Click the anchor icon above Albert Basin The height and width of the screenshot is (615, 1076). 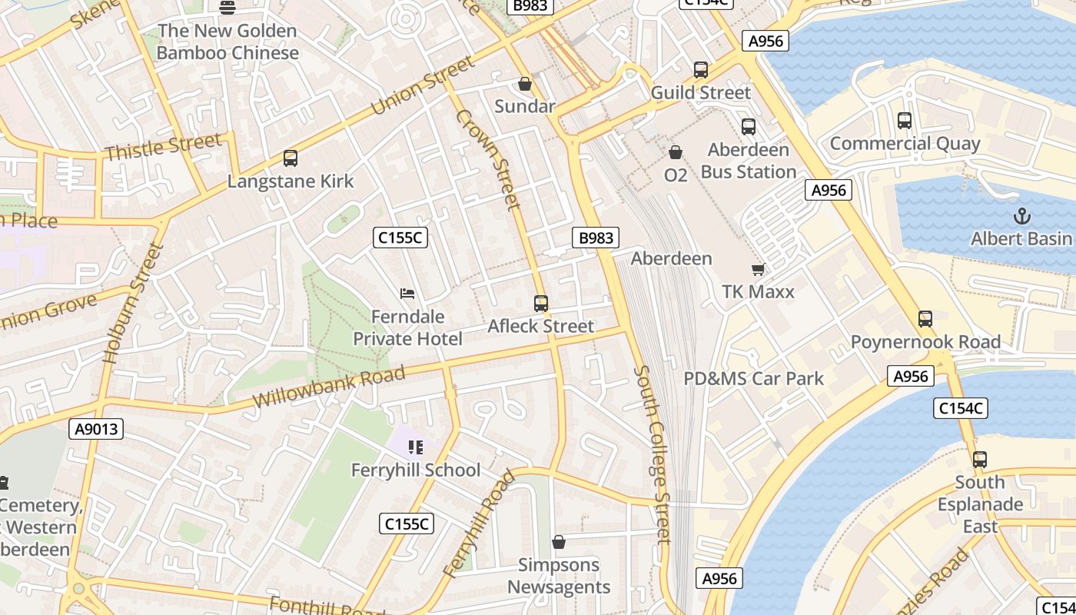coord(1021,215)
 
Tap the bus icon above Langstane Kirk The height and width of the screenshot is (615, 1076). coord(290,158)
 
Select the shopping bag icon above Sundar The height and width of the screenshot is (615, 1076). coord(525,84)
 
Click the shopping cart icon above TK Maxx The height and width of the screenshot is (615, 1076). coord(758,269)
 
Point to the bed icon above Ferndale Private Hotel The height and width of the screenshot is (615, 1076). coord(407,294)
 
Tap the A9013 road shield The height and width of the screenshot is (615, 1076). coord(97,429)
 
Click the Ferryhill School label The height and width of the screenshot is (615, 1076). coord(415,470)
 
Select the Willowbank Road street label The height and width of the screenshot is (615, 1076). coord(328,387)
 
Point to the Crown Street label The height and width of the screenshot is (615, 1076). coord(489,159)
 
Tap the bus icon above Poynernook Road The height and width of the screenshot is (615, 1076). coord(925,318)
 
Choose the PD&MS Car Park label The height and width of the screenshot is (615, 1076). coord(753,378)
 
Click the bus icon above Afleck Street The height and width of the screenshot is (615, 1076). coord(541,304)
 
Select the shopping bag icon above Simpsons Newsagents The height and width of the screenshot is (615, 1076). coord(559,542)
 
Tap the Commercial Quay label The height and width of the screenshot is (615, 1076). coord(905,144)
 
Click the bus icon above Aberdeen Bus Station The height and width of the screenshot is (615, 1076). coord(749,127)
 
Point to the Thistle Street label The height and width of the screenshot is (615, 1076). coord(163,147)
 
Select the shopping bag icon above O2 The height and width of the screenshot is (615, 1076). coord(676,153)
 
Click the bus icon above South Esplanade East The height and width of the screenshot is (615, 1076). coord(979,460)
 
